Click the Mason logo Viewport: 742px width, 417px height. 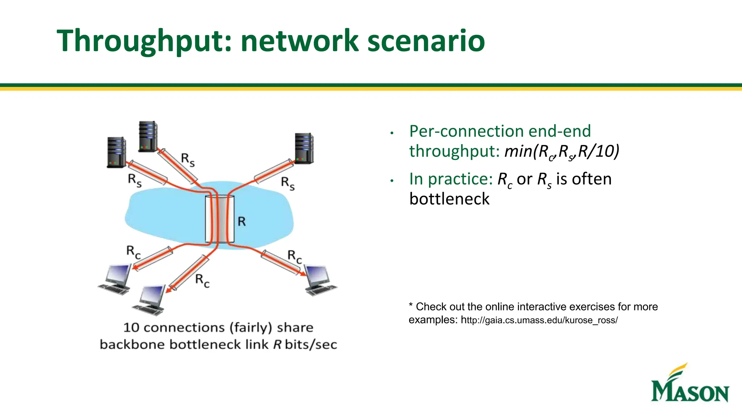click(x=689, y=384)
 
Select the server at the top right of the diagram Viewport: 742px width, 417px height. click(x=304, y=148)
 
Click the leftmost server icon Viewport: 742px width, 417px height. click(x=116, y=152)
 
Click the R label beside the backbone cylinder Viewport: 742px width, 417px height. click(x=242, y=221)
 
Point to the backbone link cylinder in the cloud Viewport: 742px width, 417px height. click(x=220, y=219)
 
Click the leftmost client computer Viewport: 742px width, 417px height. click(x=116, y=279)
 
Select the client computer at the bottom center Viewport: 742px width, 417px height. click(x=150, y=300)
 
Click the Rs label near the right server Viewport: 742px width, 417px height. click(x=288, y=183)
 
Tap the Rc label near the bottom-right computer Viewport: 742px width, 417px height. click(x=294, y=256)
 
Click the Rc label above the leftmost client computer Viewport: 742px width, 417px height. click(x=133, y=252)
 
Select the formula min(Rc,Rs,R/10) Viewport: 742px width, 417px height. click(x=562, y=151)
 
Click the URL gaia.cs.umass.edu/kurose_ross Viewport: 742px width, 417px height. click(x=539, y=320)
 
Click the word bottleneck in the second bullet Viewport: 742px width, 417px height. click(x=449, y=199)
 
